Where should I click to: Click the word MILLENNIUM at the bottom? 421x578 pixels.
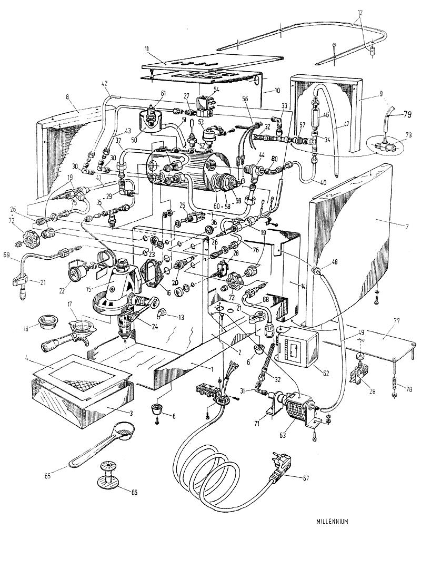coord(333,522)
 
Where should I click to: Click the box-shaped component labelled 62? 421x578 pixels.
coord(297,348)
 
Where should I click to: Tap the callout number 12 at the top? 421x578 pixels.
coord(359,11)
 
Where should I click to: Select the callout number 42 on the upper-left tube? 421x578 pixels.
coord(104,83)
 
